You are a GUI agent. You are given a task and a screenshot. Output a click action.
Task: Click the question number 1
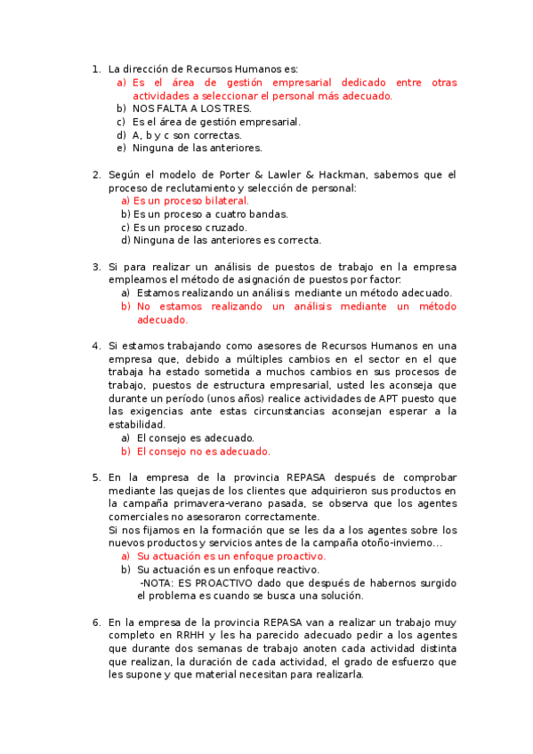96,68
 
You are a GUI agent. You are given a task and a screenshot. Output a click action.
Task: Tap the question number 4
96,345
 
